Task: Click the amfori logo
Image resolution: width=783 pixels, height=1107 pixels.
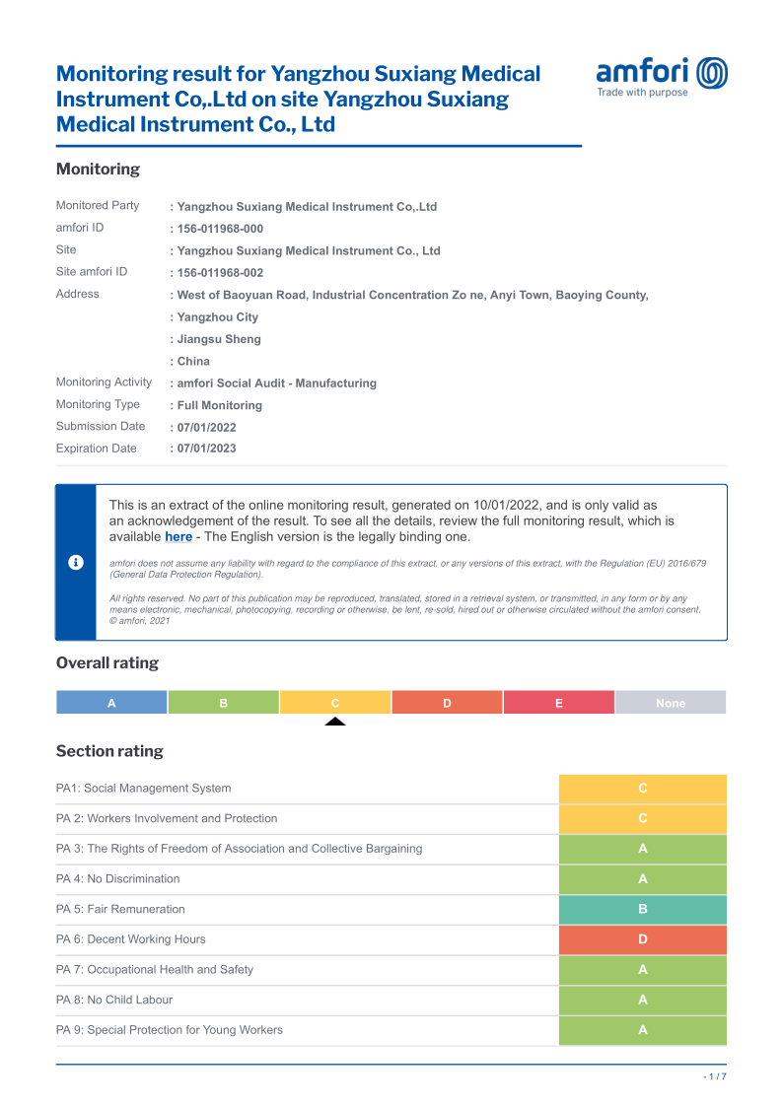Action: pyautogui.click(x=662, y=77)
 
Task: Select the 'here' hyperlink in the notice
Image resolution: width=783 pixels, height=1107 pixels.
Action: pyautogui.click(x=178, y=537)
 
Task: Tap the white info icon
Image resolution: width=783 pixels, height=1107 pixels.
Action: pyautogui.click(x=75, y=562)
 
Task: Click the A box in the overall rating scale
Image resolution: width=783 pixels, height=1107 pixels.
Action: pyautogui.click(x=111, y=703)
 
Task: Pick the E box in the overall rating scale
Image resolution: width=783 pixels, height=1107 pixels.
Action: pyautogui.click(x=558, y=703)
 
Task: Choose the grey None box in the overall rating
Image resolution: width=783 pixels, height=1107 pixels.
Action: pyautogui.click(x=671, y=703)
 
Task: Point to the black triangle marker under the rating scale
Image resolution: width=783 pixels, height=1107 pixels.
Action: pyautogui.click(x=335, y=722)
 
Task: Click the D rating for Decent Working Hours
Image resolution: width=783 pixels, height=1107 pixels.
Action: pyautogui.click(x=642, y=939)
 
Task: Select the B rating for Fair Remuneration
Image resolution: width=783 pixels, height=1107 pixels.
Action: pyautogui.click(x=642, y=909)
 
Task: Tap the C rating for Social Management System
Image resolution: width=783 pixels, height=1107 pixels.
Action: pyautogui.click(x=642, y=789)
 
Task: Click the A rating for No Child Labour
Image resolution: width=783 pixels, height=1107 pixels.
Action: pyautogui.click(x=642, y=1000)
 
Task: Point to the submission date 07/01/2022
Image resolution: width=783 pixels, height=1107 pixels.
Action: pyautogui.click(x=206, y=428)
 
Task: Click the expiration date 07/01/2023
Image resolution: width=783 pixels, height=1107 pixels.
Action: pyautogui.click(x=206, y=449)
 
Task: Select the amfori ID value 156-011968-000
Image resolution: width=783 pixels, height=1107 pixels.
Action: pyautogui.click(x=220, y=229)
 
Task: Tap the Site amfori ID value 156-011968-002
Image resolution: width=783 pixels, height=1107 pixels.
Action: pyautogui.click(x=220, y=273)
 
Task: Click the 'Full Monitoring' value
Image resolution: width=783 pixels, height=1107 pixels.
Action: pyautogui.click(x=219, y=405)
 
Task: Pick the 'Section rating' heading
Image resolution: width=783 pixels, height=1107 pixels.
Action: pyautogui.click(x=109, y=751)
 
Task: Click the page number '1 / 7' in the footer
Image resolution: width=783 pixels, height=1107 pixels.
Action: pyautogui.click(x=715, y=1076)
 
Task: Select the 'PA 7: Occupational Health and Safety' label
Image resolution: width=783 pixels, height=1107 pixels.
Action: pyautogui.click(x=155, y=970)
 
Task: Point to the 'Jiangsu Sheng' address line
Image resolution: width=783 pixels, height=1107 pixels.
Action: pyautogui.click(x=219, y=339)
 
